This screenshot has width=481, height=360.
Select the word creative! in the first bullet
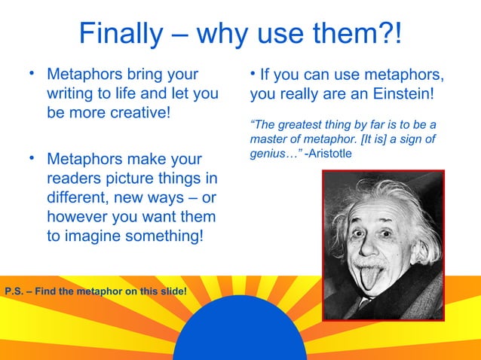(x=130, y=114)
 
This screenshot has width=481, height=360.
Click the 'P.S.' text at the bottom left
(x=14, y=291)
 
